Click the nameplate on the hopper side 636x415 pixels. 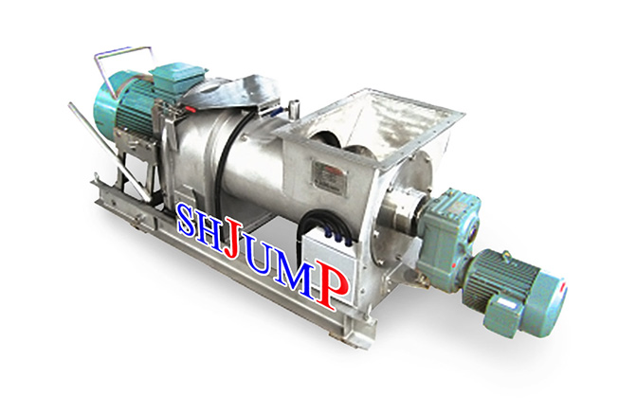[330, 178]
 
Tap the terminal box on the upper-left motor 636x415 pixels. [177, 77]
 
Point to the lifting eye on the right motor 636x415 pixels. [506, 256]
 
